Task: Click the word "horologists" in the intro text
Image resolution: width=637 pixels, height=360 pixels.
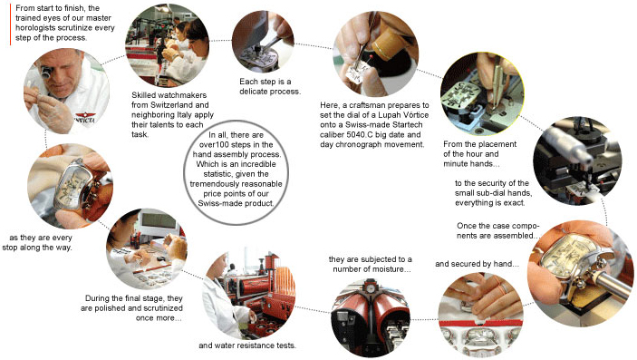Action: pos(34,28)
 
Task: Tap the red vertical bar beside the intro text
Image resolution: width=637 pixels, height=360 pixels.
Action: pos(10,24)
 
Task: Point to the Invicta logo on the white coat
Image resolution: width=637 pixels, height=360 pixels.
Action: pos(85,118)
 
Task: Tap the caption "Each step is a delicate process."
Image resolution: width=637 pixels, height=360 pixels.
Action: pos(270,87)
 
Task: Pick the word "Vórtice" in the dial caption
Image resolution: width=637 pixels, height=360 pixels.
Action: pos(415,115)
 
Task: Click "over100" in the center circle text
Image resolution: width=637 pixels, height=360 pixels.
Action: pos(216,145)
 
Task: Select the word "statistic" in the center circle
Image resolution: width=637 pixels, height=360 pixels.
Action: pos(218,174)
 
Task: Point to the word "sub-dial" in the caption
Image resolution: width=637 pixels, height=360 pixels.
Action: pos(495,193)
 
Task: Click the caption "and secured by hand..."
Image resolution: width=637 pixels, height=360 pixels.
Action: pos(477,264)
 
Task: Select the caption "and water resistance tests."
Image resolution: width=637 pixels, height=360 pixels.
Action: pos(247,345)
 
